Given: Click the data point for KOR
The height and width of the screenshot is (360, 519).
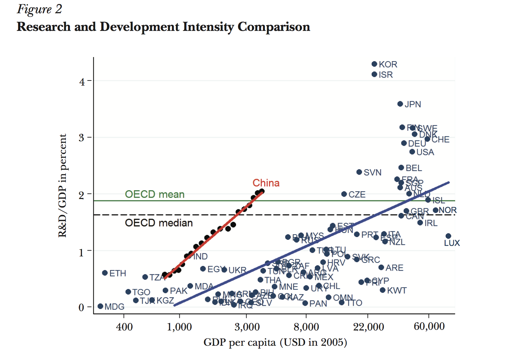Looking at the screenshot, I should [x=374, y=64].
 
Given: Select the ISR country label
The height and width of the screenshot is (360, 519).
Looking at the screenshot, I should [x=386, y=75].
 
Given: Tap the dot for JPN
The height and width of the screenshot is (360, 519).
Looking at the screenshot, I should [x=400, y=104].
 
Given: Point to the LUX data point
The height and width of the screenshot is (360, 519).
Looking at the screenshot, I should [x=448, y=236].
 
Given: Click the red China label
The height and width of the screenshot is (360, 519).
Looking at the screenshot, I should [x=266, y=183].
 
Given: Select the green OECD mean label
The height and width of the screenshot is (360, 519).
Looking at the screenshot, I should [x=155, y=194].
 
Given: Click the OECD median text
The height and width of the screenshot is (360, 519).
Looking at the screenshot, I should [x=159, y=223].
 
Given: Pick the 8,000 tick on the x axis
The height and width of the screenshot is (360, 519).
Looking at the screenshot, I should [x=306, y=327].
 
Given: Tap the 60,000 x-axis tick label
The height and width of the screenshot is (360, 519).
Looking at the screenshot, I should [x=429, y=326].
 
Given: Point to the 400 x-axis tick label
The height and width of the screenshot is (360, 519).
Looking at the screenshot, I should [x=124, y=327].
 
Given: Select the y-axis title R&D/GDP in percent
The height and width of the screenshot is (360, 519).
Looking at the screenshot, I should [x=62, y=185].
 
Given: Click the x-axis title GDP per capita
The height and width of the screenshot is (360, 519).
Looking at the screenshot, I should [x=275, y=342].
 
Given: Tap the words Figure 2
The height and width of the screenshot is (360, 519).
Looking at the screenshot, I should [x=39, y=9].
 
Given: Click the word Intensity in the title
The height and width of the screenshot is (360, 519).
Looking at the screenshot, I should [x=208, y=27].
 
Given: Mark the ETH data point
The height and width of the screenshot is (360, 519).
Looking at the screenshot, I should [x=105, y=273].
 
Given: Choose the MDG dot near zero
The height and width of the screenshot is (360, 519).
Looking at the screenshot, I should [x=100, y=306].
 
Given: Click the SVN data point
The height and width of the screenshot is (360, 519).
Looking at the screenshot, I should [x=359, y=172].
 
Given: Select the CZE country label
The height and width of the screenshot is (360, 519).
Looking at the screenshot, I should [x=357, y=195].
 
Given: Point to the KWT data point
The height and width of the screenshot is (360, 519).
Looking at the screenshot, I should [x=382, y=290].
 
